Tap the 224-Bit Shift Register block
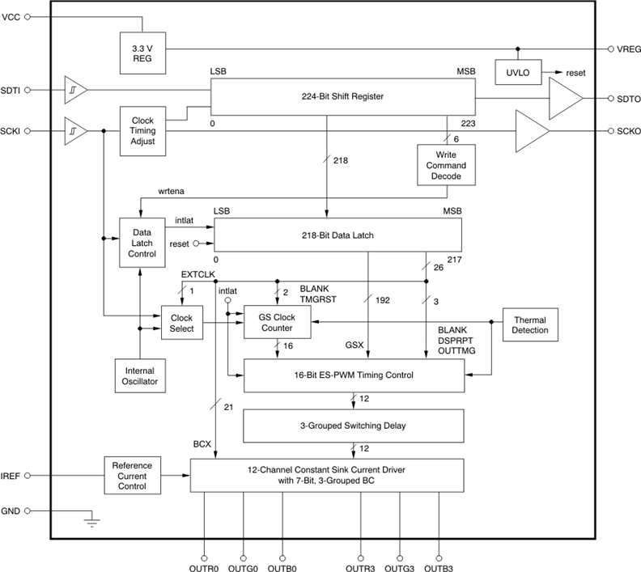343,96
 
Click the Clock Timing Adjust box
142,129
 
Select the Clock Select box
181,323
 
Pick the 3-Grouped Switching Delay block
354,425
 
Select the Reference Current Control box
132,476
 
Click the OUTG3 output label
400,568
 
